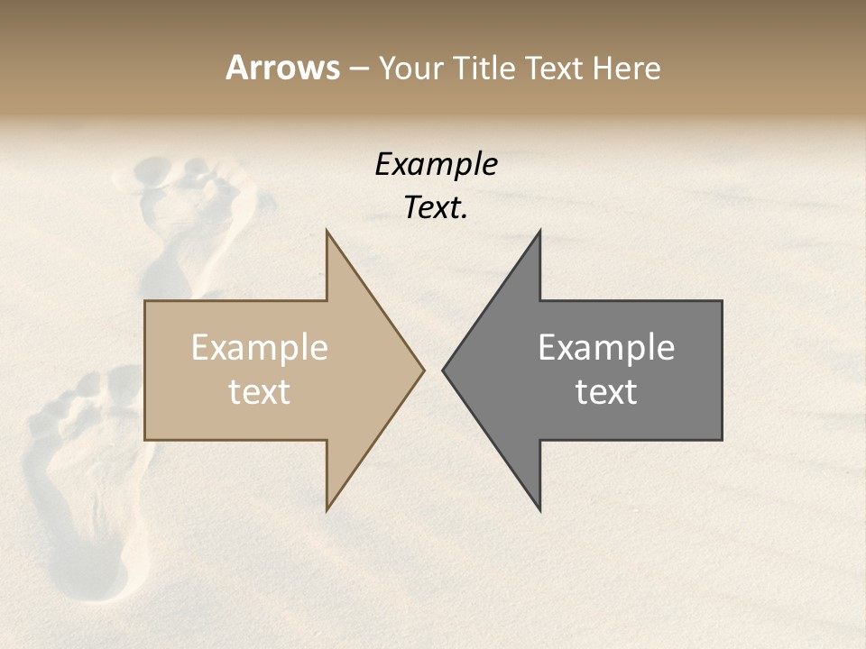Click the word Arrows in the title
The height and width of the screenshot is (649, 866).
pyautogui.click(x=282, y=68)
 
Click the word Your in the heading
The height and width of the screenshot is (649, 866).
pyautogui.click(x=410, y=69)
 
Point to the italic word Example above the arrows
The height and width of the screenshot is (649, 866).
pyautogui.click(x=436, y=164)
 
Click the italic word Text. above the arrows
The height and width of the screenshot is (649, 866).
pyautogui.click(x=436, y=208)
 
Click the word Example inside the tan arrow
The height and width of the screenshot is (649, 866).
pyautogui.click(x=259, y=347)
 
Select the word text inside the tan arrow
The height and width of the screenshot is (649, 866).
pyautogui.click(x=259, y=392)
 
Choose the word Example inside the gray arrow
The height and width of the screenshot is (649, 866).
pyautogui.click(x=606, y=347)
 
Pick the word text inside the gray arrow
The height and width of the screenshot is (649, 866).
pyautogui.click(x=606, y=392)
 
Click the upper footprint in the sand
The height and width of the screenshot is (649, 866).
pyautogui.click(x=194, y=225)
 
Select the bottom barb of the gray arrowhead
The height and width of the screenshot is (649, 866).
pyautogui.click(x=539, y=508)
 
